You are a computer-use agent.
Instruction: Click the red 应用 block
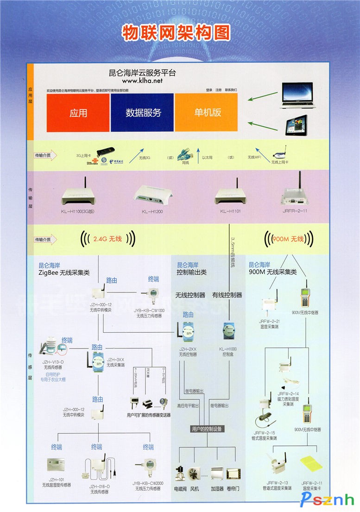click(78, 113)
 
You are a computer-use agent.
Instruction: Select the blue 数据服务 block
click(143, 113)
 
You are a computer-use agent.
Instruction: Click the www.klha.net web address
click(143, 81)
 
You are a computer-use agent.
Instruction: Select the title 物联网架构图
click(176, 32)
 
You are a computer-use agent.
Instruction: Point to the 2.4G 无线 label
click(107, 239)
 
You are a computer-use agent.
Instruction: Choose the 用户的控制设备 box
click(207, 429)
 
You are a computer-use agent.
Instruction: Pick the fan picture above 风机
click(195, 473)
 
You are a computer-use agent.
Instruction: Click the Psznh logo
click(328, 499)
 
